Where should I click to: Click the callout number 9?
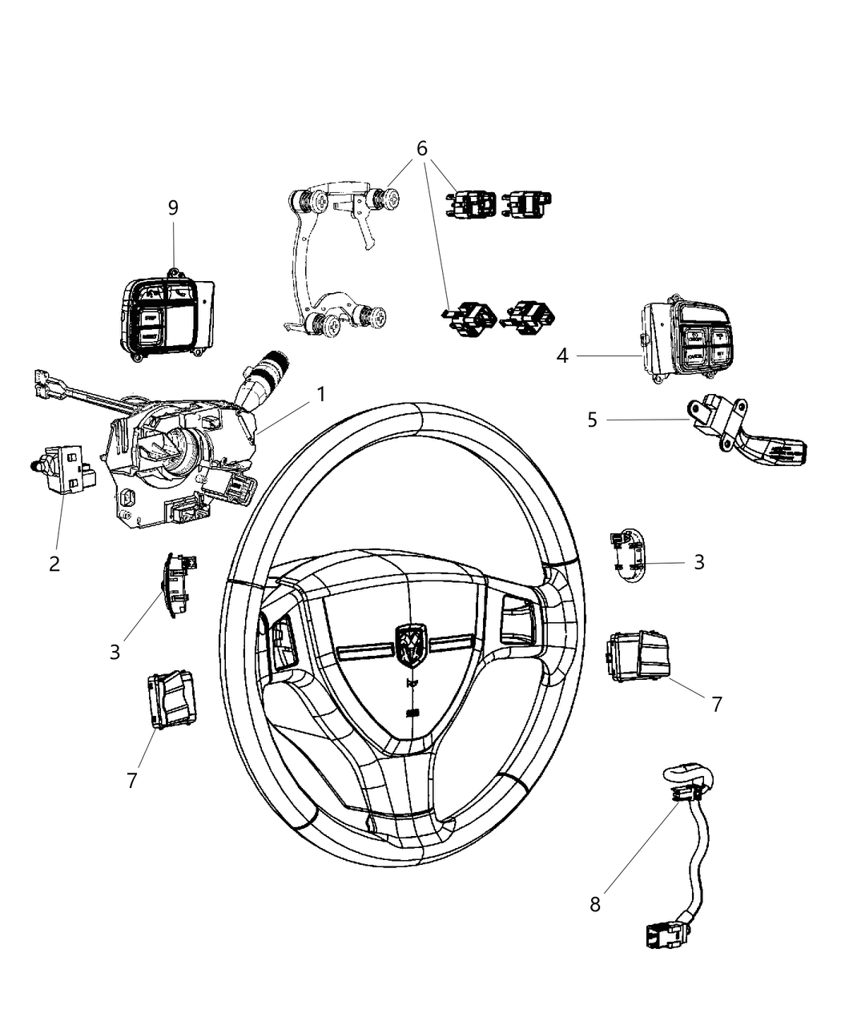click(x=173, y=207)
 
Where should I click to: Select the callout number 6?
click(x=421, y=149)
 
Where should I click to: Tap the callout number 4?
click(x=562, y=356)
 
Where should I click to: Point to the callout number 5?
click(x=592, y=420)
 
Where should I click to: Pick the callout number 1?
click(x=320, y=394)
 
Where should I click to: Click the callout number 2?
click(x=54, y=564)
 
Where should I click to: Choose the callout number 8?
click(x=595, y=905)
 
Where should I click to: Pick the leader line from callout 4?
click(x=609, y=356)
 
